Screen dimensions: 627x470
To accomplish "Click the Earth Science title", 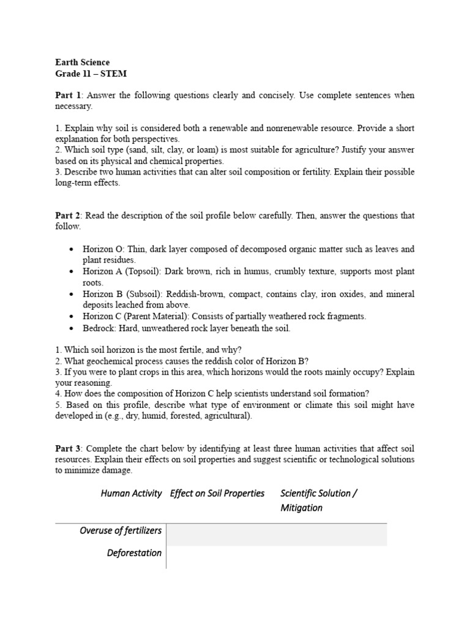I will tap(83, 62).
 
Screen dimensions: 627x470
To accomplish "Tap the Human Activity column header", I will tap(131, 494).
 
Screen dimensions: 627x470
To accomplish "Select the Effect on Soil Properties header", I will tap(217, 494).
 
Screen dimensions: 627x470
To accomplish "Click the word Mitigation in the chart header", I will tap(301, 508).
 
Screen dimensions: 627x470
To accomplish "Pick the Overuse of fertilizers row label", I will tap(121, 530).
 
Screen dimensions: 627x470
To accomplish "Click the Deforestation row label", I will tap(134, 553).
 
